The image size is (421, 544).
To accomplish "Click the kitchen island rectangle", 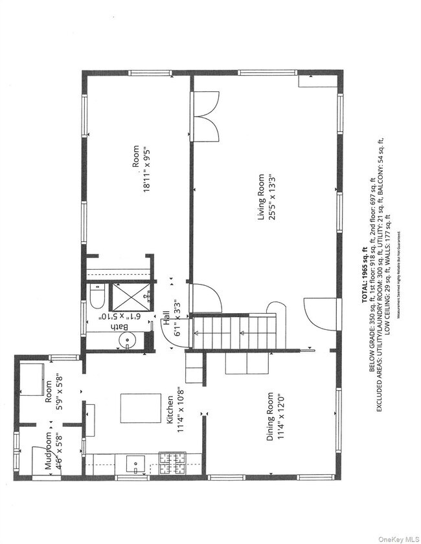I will coord(140,408).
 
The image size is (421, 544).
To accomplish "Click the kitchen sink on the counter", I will coord(136,462).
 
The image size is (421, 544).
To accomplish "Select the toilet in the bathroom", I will coord(97,299).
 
